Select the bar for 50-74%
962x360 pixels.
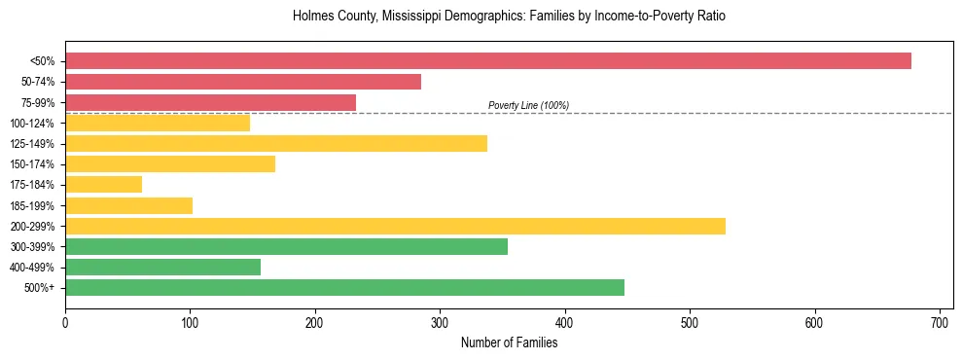pyautogui.click(x=243, y=82)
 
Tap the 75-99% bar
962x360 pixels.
pyautogui.click(x=210, y=102)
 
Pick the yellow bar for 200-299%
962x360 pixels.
pyautogui.click(x=395, y=226)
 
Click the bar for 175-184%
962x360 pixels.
pyautogui.click(x=103, y=185)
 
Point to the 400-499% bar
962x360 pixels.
pyautogui.click(x=162, y=268)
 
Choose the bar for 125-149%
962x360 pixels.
pyautogui.click(x=276, y=144)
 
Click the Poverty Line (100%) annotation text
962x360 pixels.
pyautogui.click(x=528, y=105)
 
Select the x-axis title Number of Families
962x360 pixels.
pyautogui.click(x=509, y=342)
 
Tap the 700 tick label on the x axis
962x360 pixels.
pyautogui.click(x=940, y=321)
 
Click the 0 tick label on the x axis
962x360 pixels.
pyautogui.click(x=65, y=321)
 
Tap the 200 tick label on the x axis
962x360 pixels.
pyautogui.click(x=314, y=321)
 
